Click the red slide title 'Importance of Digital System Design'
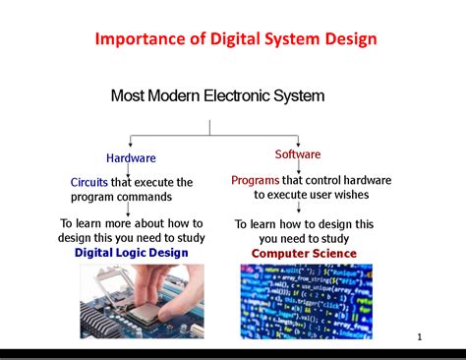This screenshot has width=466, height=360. (236, 39)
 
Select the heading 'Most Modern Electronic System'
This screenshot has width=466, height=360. (217, 95)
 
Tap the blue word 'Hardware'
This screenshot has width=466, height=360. (131, 157)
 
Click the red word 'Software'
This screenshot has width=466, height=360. (298, 154)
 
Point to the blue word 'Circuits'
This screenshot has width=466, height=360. (88, 182)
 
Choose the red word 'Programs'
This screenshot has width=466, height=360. (256, 180)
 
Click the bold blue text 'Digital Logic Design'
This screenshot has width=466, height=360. (131, 253)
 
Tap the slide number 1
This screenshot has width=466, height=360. (419, 337)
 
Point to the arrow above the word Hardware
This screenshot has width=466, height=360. (131, 143)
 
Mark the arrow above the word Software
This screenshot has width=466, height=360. (298, 141)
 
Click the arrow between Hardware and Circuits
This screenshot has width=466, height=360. (131, 169)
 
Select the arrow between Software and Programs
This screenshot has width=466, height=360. (298, 167)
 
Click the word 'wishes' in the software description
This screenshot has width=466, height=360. (346, 195)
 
